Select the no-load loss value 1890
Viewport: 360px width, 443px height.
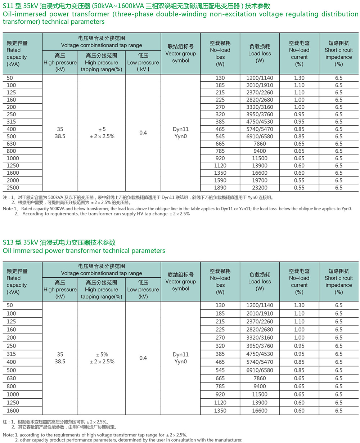tap(220, 188)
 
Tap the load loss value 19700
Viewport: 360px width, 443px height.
tap(260, 180)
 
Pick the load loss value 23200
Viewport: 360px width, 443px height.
tap(260, 188)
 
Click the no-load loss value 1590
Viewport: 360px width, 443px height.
tap(220, 180)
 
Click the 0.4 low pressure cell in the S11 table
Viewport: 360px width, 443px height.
tap(143, 133)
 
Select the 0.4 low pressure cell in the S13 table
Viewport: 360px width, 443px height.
tap(143, 358)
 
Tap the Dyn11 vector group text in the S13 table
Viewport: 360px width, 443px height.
tap(181, 354)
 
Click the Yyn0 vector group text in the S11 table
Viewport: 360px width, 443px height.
tap(181, 137)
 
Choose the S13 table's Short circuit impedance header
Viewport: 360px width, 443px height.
tap(338, 281)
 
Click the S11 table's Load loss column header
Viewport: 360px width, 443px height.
tap(260, 53)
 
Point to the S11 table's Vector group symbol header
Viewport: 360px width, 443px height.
tap(181, 53)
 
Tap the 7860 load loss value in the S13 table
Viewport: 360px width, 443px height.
tap(260, 378)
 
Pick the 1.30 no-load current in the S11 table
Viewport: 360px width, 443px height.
tap(299, 78)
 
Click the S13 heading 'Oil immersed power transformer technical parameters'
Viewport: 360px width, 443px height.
tap(84, 251)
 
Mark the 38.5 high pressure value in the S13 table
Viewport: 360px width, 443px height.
tap(60, 362)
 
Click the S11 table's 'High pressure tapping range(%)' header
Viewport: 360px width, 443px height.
tap(102, 62)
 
